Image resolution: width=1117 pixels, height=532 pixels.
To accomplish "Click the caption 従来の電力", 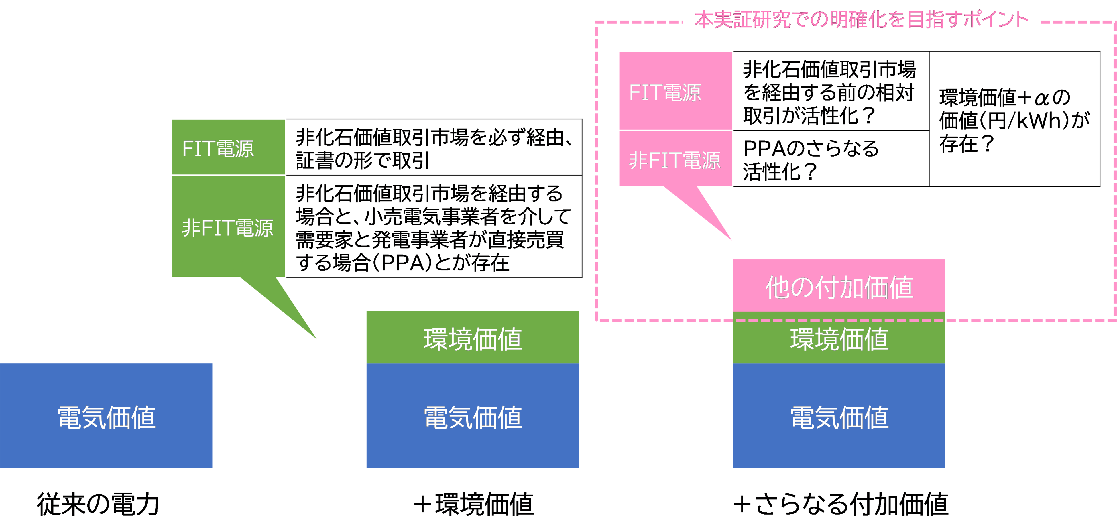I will point(98,504).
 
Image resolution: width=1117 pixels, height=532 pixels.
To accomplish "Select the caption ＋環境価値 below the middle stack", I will point(473,504).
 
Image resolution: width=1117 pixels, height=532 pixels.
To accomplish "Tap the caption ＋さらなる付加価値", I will point(840,504).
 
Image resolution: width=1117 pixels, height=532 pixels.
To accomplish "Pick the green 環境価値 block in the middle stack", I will point(472,338).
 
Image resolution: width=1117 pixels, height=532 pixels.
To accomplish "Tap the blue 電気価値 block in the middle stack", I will point(472,416).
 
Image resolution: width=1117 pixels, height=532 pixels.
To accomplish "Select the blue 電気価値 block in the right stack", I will point(839,416).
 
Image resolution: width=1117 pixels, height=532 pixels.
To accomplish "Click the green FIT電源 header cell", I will point(228,148).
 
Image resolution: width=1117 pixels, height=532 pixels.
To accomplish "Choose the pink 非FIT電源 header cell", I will point(675,159).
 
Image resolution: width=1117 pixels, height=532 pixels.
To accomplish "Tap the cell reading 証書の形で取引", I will point(434,148).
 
